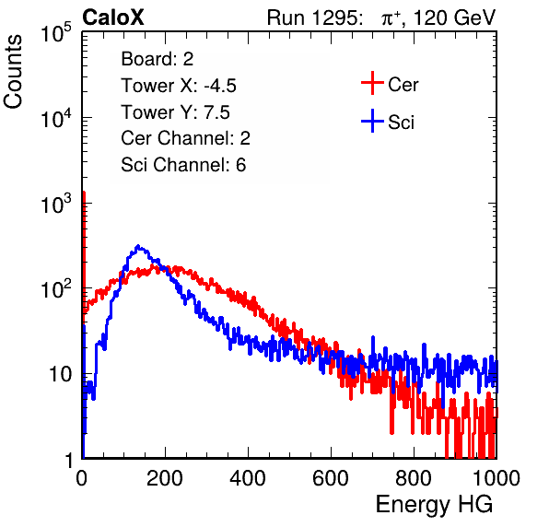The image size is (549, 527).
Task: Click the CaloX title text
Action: tap(112, 18)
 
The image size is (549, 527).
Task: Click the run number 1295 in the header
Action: tap(336, 18)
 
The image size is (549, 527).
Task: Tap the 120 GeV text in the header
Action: tap(455, 18)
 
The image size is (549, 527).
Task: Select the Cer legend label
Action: tap(403, 85)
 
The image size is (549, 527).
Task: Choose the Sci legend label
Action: tap(401, 123)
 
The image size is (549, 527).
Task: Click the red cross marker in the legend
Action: tap(372, 83)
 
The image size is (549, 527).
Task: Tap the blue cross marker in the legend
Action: tap(372, 121)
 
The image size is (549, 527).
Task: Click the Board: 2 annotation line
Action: tap(158, 59)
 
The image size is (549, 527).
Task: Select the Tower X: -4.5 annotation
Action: tap(179, 86)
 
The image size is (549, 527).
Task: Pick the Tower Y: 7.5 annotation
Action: tap(175, 112)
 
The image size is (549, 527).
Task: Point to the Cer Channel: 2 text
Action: tap(185, 138)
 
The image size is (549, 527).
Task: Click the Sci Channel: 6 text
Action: tap(183, 165)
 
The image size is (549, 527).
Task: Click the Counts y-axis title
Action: tap(13, 72)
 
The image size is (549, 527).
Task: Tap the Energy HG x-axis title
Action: tap(434, 505)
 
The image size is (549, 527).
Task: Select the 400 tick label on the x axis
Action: tap(248, 478)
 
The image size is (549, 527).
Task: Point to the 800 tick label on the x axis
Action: tap(414, 478)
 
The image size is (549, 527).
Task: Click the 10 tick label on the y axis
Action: tap(60, 374)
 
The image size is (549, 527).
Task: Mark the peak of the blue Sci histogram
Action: tap(138, 245)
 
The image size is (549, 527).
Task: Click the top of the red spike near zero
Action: tap(84, 193)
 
